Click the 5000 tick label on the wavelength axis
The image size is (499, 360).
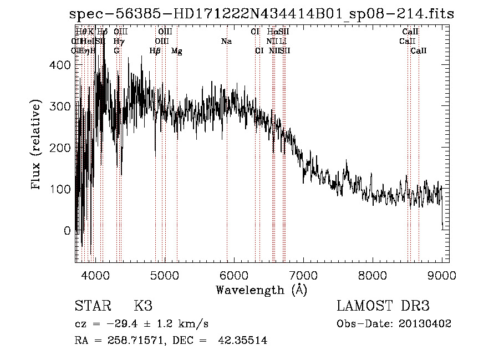[164, 275]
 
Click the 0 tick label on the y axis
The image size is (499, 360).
[68, 230]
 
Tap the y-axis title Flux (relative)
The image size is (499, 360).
[37, 145]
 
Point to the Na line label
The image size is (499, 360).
[226, 42]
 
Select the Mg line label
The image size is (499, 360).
[176, 51]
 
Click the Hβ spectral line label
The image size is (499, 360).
[155, 51]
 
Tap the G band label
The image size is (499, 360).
[116, 51]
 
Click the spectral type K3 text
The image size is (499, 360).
[143, 306]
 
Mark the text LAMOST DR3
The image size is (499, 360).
[383, 306]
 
